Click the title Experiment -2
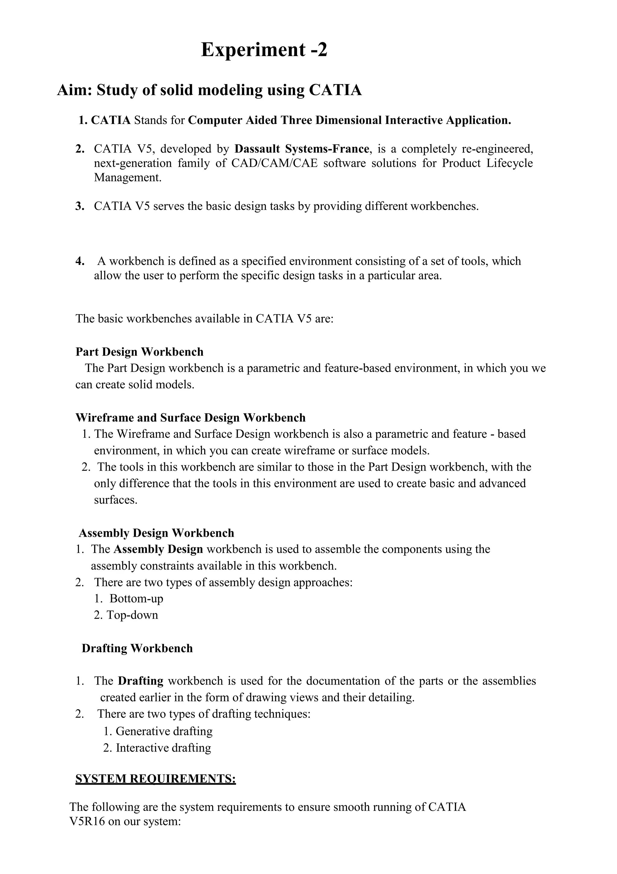pos(264,49)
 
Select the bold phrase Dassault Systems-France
pos(302,148)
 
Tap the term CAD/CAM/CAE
pos(274,163)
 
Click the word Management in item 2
pos(127,177)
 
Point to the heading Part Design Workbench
pos(139,352)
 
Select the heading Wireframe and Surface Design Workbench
pos(190,418)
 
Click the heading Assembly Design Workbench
pos(156,533)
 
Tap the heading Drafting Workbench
pos(137,648)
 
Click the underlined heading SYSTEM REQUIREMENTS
pos(155,779)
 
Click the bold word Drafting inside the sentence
pos(140,681)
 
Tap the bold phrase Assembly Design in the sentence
pos(158,549)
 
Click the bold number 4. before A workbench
pos(80,261)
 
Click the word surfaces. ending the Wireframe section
pos(116,500)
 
